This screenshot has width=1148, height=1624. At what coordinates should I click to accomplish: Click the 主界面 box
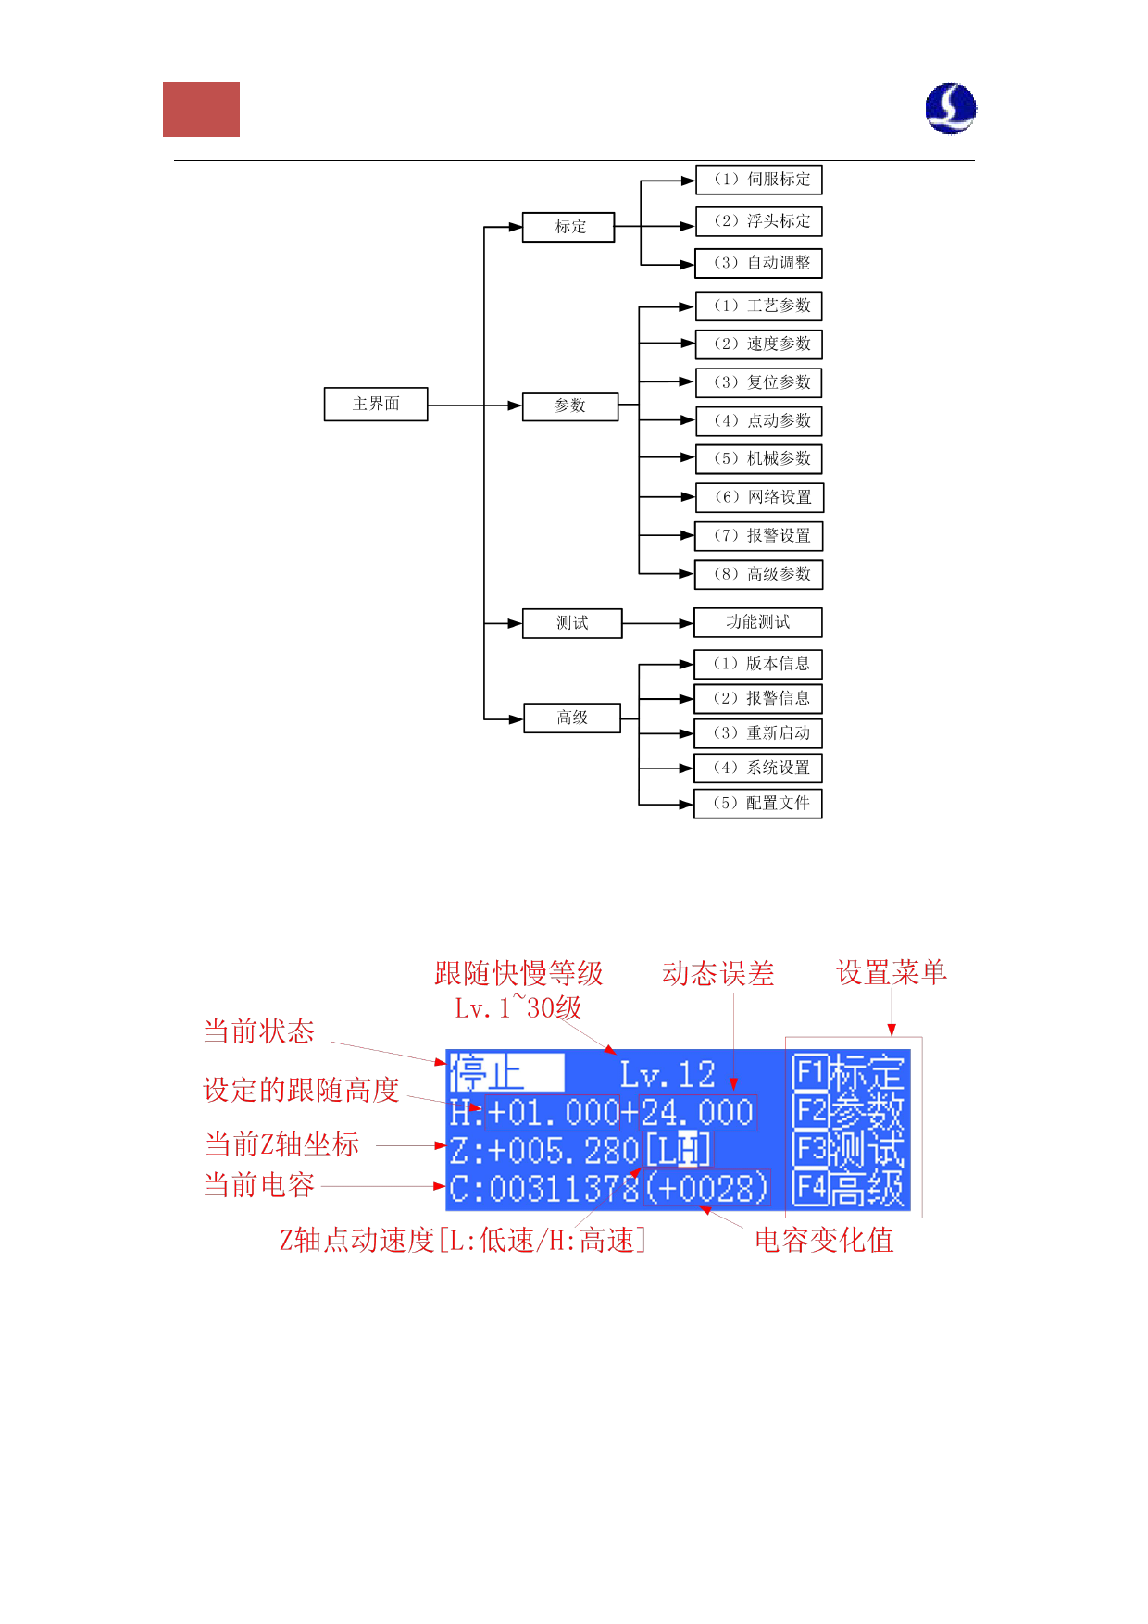click(376, 404)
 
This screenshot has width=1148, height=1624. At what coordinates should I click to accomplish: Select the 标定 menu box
click(568, 227)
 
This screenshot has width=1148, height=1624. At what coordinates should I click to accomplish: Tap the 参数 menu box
click(570, 406)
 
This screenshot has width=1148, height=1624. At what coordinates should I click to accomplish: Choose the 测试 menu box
click(572, 623)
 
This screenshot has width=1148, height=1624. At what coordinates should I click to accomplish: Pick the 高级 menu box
click(572, 718)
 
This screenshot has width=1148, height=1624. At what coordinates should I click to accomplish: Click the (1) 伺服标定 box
click(758, 180)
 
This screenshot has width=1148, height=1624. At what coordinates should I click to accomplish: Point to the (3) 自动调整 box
click(758, 263)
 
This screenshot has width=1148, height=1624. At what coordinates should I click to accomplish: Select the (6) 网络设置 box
click(759, 497)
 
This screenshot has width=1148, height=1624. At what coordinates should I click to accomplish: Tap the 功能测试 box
click(758, 622)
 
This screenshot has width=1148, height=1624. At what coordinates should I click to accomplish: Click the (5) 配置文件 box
click(758, 803)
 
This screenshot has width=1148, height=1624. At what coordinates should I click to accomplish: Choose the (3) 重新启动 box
click(758, 733)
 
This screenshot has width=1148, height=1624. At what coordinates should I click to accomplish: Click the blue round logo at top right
click(951, 108)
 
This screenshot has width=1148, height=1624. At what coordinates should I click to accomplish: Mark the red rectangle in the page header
click(201, 109)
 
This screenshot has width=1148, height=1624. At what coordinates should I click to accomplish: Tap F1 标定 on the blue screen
click(848, 1074)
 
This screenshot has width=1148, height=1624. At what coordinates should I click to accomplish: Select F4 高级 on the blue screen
click(848, 1189)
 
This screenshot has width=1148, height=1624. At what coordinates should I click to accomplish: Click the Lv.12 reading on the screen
click(668, 1075)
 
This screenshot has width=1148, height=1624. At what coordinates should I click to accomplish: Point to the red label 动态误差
click(717, 974)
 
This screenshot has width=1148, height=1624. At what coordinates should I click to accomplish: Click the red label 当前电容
click(259, 1185)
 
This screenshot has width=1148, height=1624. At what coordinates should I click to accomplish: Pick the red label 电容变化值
click(824, 1241)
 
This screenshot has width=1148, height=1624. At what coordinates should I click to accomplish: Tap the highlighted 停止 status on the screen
click(505, 1074)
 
